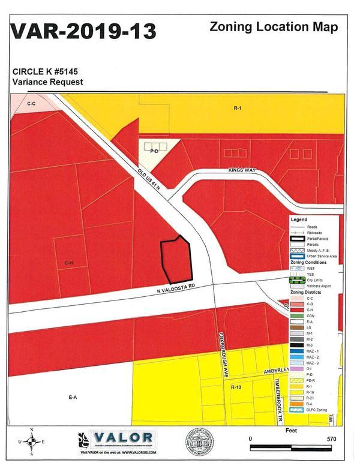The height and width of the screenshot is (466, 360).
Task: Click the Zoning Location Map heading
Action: [x=274, y=26]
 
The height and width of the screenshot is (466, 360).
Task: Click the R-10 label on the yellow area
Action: [x=236, y=387]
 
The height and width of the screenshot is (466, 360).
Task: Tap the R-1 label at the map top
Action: [x=236, y=108]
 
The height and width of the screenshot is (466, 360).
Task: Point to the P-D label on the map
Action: [x=154, y=151]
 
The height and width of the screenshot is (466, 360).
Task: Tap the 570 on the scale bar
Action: [x=331, y=439]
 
